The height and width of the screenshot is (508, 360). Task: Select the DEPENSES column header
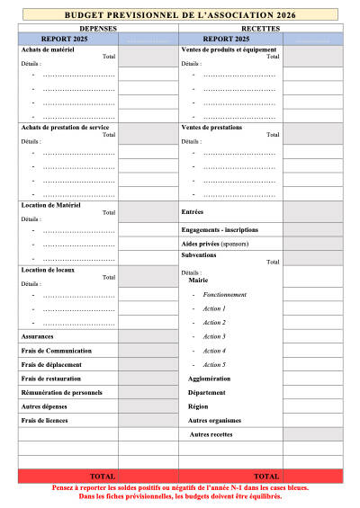[98, 29]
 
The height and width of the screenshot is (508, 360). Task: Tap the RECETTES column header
[261, 29]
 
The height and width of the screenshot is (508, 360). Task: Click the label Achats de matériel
[48, 49]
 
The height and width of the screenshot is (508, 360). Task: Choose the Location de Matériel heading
[50, 205]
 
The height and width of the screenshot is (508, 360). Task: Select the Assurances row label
[37, 335]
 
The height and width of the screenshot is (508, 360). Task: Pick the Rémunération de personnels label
[61, 392]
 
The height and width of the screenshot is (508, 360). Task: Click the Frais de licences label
[45, 420]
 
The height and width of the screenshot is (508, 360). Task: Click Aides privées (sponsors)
[215, 244]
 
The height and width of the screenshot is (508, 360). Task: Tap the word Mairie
[198, 280]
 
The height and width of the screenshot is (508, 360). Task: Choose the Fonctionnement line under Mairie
[224, 295]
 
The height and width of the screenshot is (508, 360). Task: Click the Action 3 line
[214, 336]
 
